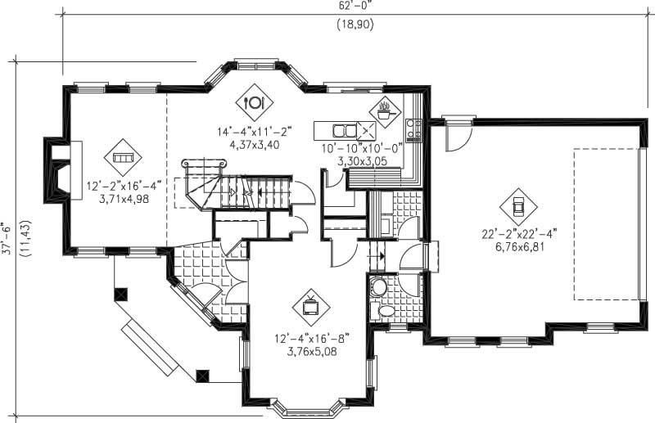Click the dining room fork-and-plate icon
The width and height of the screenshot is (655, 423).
[253, 102]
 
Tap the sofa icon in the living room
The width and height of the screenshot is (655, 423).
[123, 156]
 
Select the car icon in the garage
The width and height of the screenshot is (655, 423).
[518, 204]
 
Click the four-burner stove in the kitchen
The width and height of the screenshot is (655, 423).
[413, 128]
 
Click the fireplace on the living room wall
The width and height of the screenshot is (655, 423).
[62, 168]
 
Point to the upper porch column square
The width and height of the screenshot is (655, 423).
[121, 293]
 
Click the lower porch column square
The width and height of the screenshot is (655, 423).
[203, 375]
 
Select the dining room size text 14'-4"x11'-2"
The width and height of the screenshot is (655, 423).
[253, 130]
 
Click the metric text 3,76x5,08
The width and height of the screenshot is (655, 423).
[312, 352]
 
